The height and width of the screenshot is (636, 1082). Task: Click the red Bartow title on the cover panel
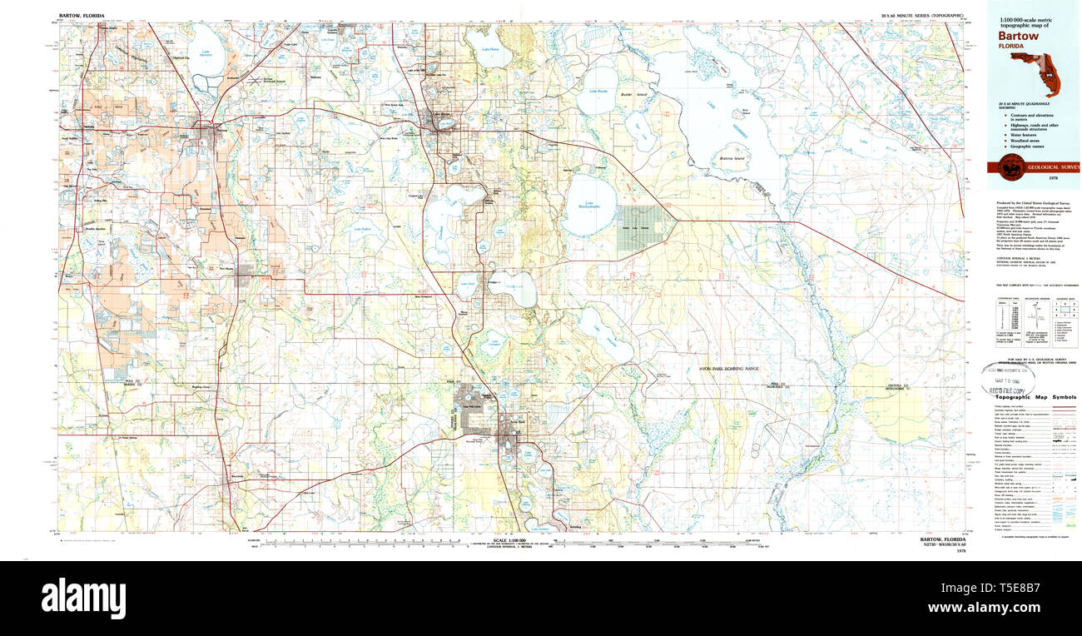pyautogui.click(x=1018, y=36)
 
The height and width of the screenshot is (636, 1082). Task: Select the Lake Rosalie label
pyautogui.click(x=598, y=91)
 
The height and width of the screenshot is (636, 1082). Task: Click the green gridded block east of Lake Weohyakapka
pyautogui.click(x=636, y=228)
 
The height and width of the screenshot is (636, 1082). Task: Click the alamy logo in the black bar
pyautogui.click(x=83, y=599)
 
